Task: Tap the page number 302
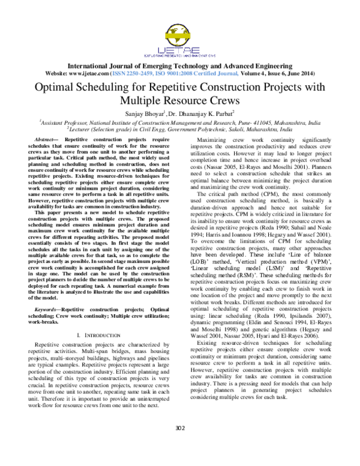180,445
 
